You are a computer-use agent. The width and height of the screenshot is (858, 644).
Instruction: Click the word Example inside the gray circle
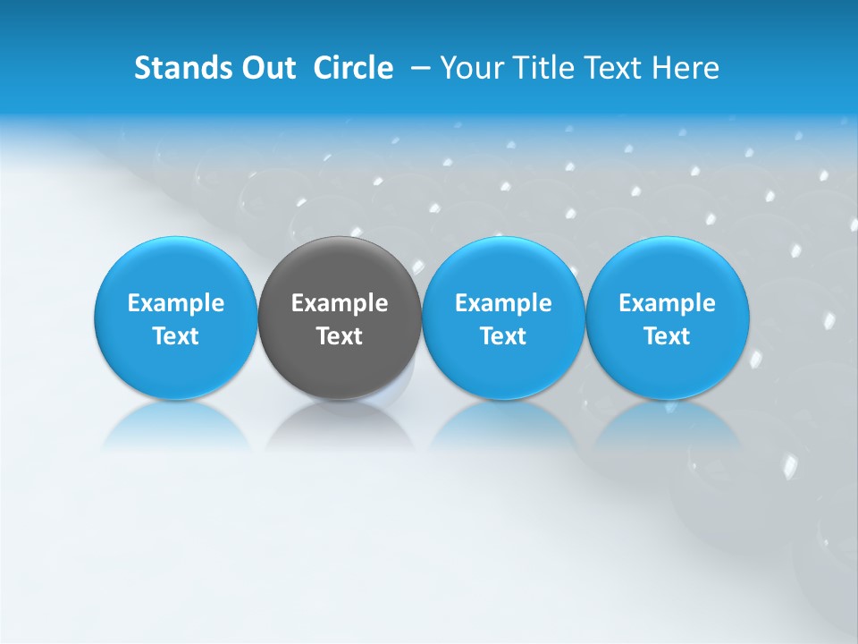click(340, 303)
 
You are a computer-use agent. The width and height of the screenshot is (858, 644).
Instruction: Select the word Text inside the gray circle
click(340, 336)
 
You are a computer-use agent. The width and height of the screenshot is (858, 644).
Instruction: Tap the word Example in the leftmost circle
click(175, 303)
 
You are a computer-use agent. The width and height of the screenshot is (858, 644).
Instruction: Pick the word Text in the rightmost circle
click(667, 336)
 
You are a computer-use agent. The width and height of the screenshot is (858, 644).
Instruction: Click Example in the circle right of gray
click(503, 303)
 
